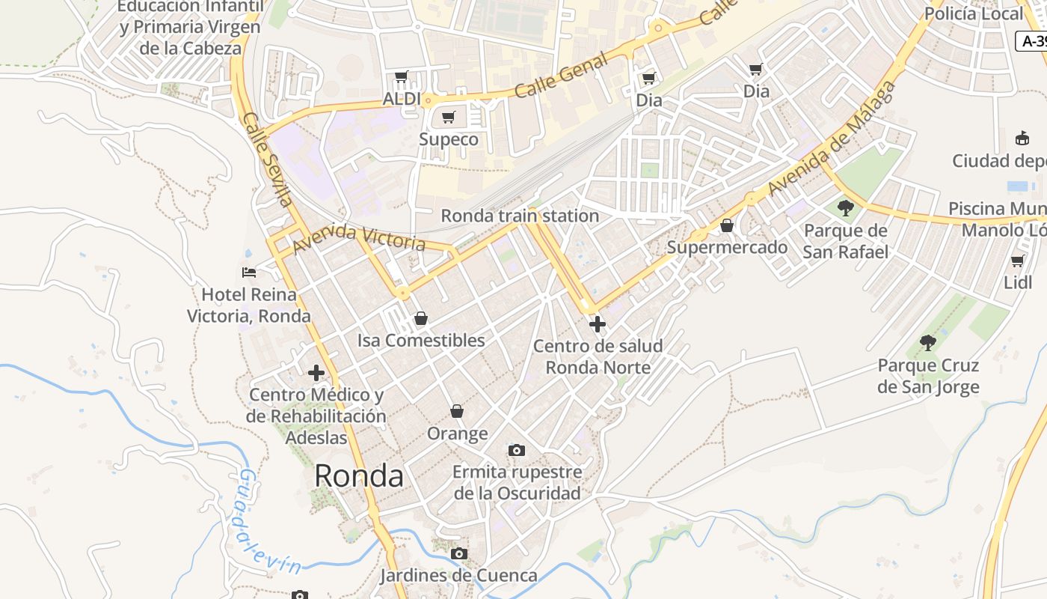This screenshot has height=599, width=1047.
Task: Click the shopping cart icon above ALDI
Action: click(402, 76)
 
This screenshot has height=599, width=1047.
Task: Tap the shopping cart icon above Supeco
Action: click(449, 117)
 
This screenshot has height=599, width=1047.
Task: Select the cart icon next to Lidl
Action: click(1017, 261)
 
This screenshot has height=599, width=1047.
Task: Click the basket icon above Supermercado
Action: click(726, 225)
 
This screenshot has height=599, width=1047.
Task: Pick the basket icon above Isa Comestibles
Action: click(421, 318)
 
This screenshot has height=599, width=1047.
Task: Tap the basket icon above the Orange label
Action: click(457, 411)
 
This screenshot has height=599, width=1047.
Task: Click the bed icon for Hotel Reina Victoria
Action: click(249, 273)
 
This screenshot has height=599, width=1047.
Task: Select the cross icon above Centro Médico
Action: click(316, 372)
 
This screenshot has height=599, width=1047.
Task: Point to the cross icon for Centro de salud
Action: click(598, 324)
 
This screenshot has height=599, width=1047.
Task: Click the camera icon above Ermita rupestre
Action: click(516, 450)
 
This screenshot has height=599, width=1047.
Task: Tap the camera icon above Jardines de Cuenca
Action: click(459, 554)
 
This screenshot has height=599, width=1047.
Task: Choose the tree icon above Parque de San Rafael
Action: click(846, 207)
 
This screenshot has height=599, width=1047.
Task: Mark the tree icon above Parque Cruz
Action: click(928, 343)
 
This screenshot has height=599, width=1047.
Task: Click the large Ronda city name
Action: click(359, 475)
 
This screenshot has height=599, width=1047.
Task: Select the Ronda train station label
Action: click(520, 216)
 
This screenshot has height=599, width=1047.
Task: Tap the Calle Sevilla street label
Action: click(267, 159)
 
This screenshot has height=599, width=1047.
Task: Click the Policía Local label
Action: click(974, 13)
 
